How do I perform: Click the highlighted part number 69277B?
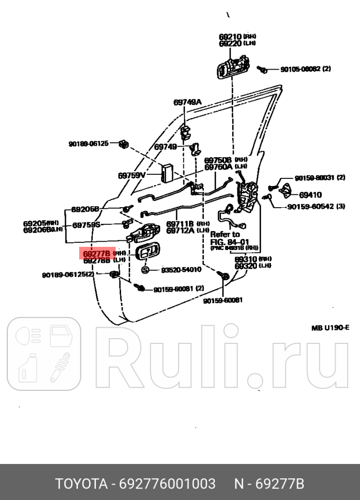pyautogui.click(x=96, y=254)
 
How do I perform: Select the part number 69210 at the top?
pyautogui.click(x=230, y=37)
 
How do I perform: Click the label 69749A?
pyautogui.click(x=187, y=102)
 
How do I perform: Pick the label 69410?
pyautogui.click(x=311, y=195)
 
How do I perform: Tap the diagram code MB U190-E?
pyautogui.click(x=330, y=328)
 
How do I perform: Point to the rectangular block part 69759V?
pyautogui.click(x=167, y=173)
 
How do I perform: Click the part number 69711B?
pyautogui.click(x=180, y=224)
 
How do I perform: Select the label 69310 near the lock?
pyautogui.click(x=245, y=259)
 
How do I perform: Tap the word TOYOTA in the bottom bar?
pyautogui.click(x=79, y=485)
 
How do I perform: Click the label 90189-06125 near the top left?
pyautogui.click(x=89, y=144)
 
